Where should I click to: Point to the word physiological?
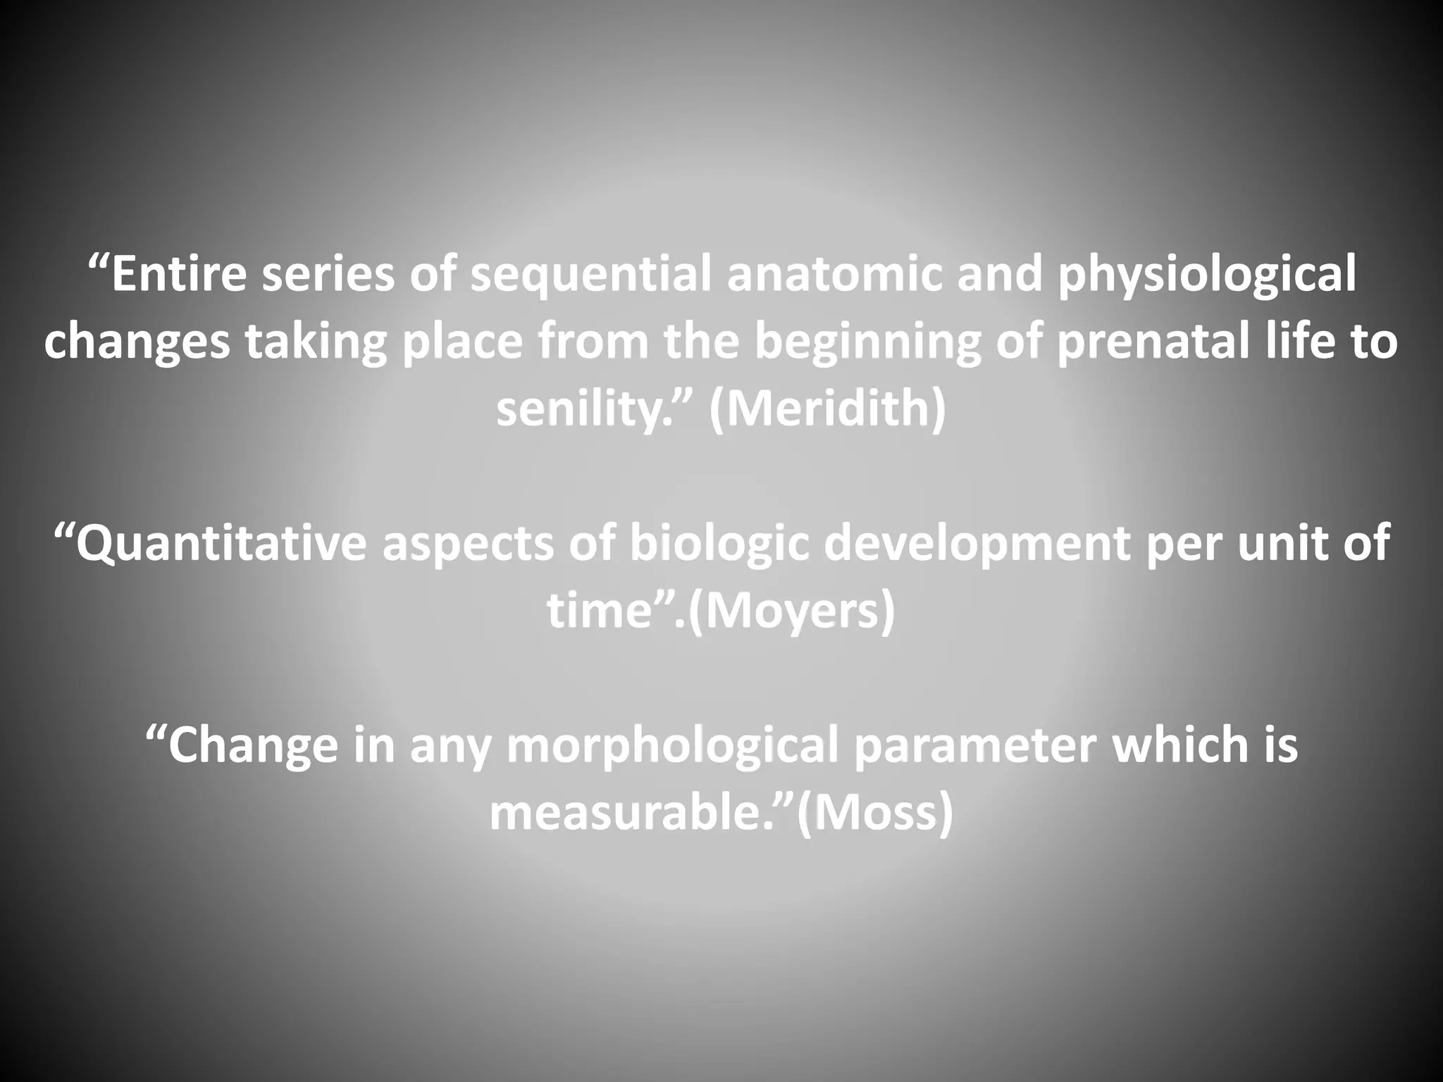(x=1206, y=276)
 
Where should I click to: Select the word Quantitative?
(x=220, y=544)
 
